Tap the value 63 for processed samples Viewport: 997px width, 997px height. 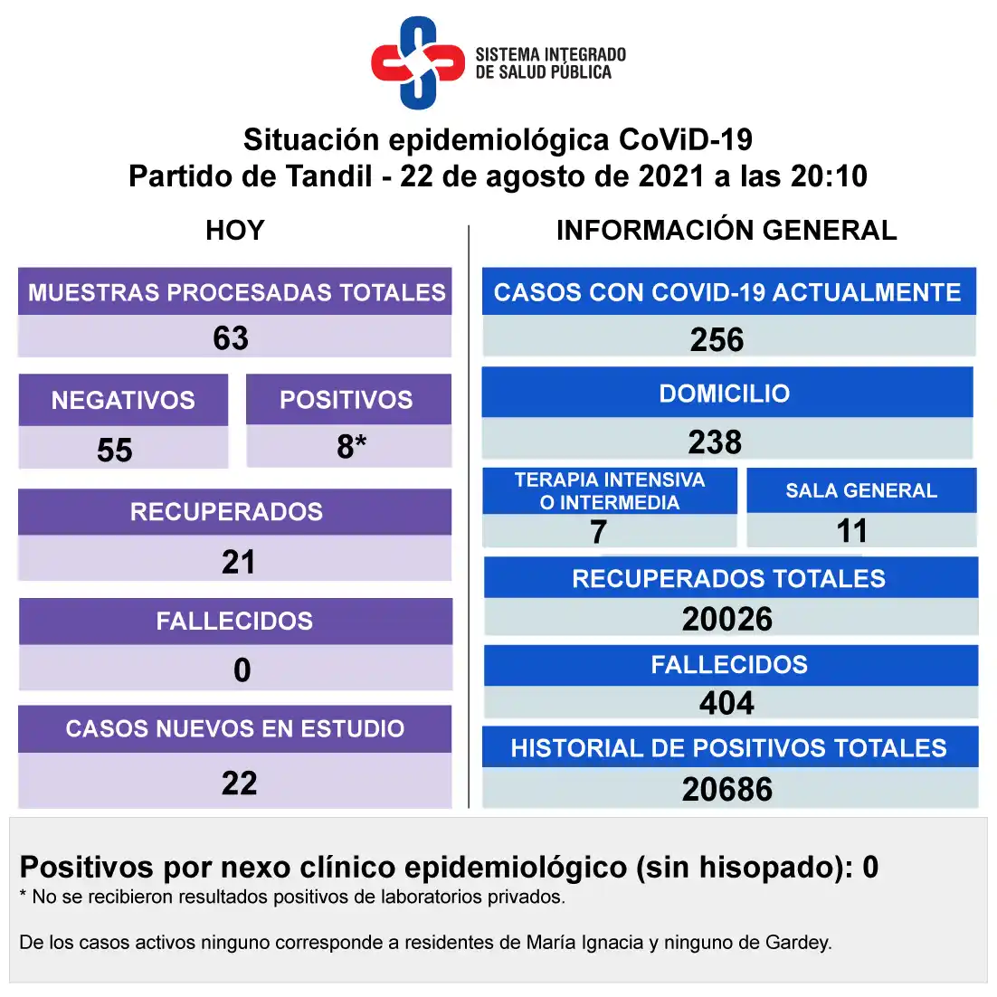[231, 338]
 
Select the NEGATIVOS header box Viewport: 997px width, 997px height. [123, 400]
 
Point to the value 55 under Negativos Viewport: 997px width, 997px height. [115, 450]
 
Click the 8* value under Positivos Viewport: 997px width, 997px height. [351, 446]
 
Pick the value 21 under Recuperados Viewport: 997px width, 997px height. [239, 562]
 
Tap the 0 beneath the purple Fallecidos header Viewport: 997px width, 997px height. [242, 670]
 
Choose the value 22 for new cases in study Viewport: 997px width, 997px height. [239, 783]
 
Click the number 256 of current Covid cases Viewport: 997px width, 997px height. [717, 340]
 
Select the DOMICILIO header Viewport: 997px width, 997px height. [725, 394]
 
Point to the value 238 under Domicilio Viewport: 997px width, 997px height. [715, 442]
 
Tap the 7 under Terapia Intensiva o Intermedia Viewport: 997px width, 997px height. [598, 532]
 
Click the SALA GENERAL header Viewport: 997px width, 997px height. [861, 490]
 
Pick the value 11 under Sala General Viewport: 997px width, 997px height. [851, 531]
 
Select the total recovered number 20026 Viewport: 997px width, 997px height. [727, 619]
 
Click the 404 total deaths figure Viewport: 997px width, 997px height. [726, 703]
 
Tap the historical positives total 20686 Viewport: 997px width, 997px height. [727, 789]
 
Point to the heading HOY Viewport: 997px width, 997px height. [234, 230]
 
